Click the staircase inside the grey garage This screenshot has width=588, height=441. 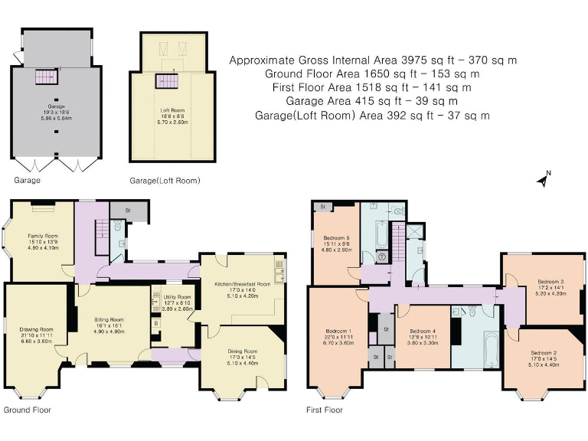[46, 77]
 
